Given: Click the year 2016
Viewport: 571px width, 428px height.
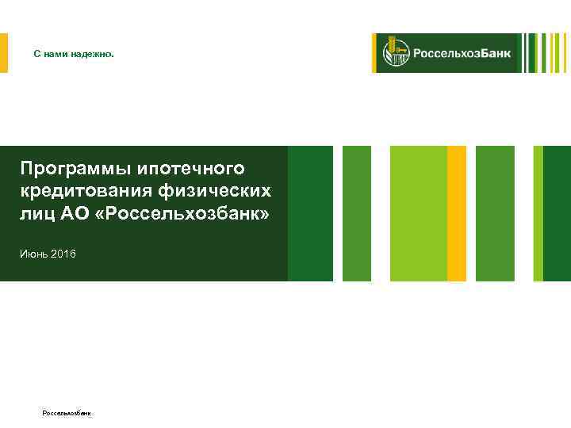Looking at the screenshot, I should tap(64, 254).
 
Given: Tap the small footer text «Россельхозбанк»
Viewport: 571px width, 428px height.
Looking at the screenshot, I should tap(67, 414).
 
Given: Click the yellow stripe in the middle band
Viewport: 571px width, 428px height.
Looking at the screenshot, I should tap(457, 213).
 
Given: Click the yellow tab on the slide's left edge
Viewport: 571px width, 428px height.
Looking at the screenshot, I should tap(3, 53).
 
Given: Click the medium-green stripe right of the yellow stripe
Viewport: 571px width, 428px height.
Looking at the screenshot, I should tap(495, 213).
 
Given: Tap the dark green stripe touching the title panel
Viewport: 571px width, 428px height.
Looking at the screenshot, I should tap(310, 213).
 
